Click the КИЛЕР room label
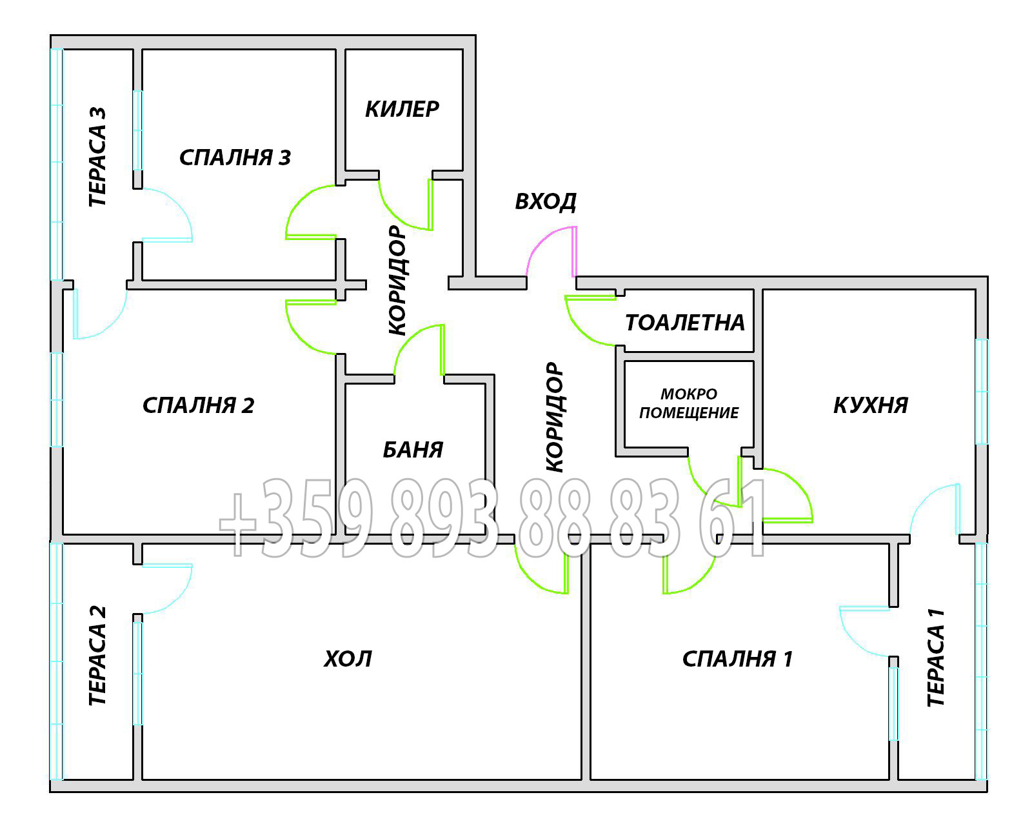tap(402, 109)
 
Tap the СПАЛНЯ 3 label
tap(235, 157)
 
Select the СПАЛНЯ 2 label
tap(198, 405)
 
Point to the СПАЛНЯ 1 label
tap(737, 659)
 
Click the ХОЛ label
tap(348, 659)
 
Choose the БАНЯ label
tap(413, 450)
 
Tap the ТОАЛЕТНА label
tap(685, 323)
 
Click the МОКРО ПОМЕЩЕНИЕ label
tap(689, 403)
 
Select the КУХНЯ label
tap(870, 405)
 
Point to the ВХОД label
tap(546, 201)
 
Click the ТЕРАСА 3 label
tap(97, 157)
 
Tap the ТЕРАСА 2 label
tap(97, 656)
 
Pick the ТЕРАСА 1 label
tap(936, 658)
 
